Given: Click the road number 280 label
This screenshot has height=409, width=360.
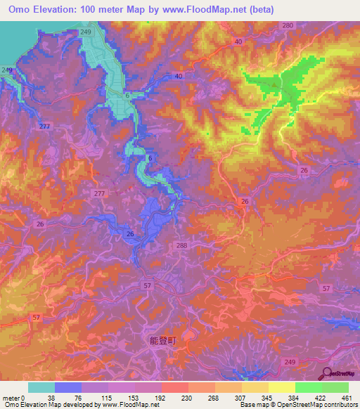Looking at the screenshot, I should point(287,25).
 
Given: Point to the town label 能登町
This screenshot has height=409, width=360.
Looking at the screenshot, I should point(162,339).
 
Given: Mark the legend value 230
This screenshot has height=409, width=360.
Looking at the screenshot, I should point(188,396).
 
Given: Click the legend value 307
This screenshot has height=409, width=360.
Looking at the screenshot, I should point(242,396).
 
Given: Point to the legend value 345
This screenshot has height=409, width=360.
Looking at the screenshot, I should point(269,396).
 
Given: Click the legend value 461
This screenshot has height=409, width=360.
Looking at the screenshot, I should point(347,396).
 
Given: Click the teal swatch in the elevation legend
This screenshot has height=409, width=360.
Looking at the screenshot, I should point(41,387).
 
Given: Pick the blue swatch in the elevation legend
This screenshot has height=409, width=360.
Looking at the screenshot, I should point(68,387).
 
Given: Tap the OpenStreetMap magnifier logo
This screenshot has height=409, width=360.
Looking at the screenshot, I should point(328,373).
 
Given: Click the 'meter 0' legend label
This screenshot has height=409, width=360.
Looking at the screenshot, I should point(14,396).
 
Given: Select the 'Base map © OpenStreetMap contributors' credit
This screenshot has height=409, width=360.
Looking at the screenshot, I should point(296,405).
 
